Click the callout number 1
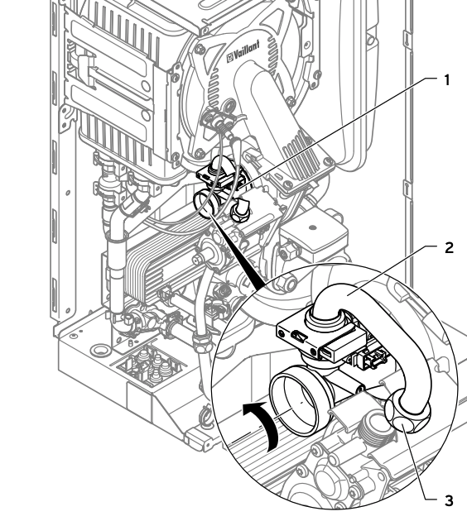(x=447, y=80)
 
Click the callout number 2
(x=449, y=248)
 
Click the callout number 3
(x=449, y=500)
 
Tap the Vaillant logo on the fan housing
(x=243, y=52)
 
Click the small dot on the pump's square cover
(x=312, y=227)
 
